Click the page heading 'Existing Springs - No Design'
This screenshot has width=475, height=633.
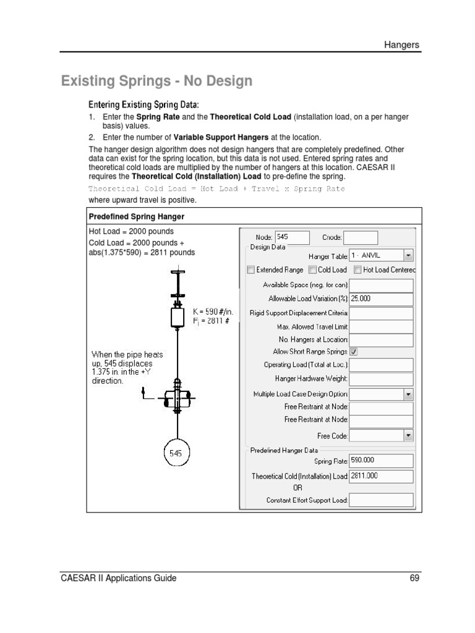point(156,81)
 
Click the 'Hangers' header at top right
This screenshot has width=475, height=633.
point(402,45)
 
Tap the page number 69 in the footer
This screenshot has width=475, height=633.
point(414,579)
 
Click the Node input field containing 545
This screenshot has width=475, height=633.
point(292,237)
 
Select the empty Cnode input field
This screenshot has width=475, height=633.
point(360,237)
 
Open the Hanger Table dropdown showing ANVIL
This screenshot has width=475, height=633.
point(408,255)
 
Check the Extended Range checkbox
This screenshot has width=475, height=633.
point(250,270)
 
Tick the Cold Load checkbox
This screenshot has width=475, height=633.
point(312,270)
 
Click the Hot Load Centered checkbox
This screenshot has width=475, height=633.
point(358,270)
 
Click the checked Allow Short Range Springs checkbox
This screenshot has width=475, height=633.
point(354,351)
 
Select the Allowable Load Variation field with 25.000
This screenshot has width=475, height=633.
point(381,299)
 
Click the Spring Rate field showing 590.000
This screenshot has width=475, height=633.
point(381,461)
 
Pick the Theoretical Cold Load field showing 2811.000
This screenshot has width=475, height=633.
point(381,476)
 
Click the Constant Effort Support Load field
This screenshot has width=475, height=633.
point(381,499)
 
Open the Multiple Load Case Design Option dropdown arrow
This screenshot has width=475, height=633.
point(408,394)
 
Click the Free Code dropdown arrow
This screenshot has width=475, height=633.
point(408,436)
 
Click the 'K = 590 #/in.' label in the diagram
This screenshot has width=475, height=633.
point(213,312)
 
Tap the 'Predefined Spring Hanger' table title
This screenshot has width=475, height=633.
point(137,216)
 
